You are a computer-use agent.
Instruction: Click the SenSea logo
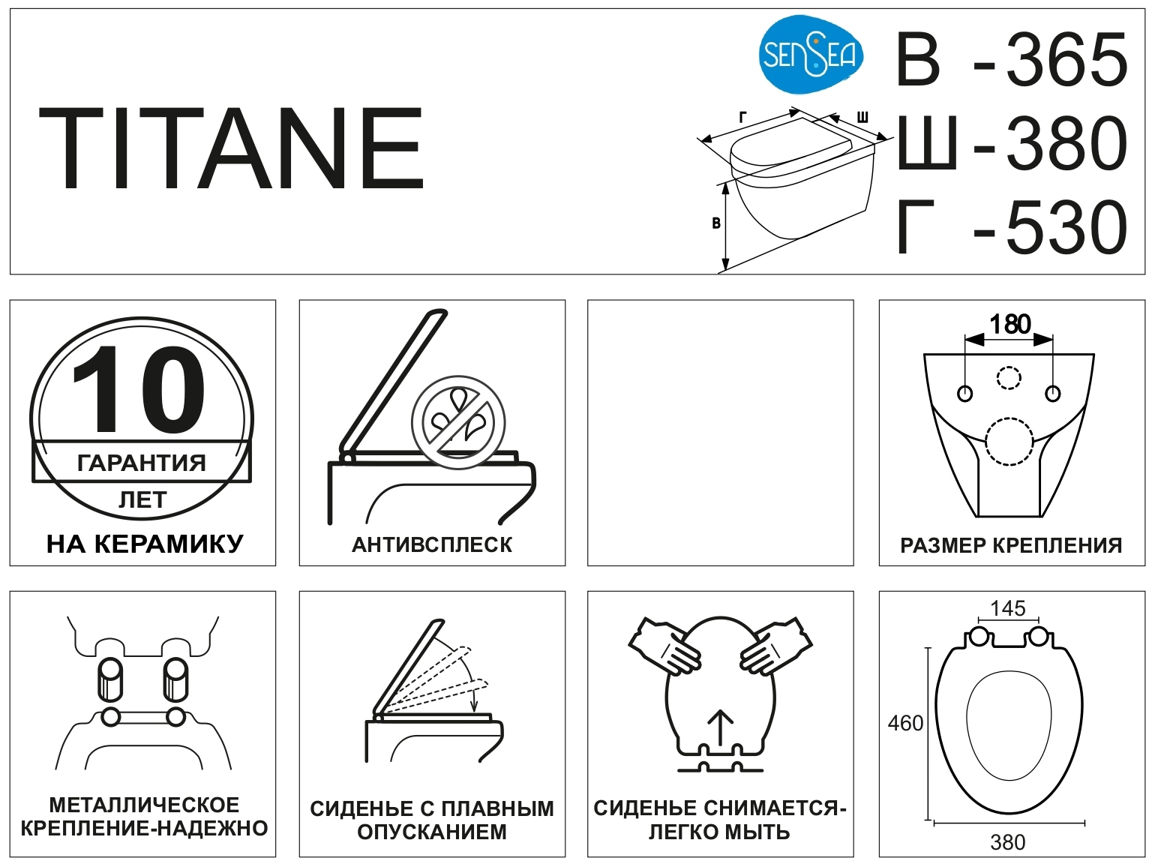click(811, 55)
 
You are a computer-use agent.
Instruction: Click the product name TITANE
click(231, 148)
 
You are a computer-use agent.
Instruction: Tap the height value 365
click(1066, 59)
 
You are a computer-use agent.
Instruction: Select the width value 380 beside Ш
click(1066, 143)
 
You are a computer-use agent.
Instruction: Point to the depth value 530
click(1066, 227)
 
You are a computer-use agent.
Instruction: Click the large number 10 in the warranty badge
click(139, 389)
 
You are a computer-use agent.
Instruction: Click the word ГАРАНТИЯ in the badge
click(142, 463)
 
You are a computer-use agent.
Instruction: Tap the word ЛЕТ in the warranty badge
click(142, 500)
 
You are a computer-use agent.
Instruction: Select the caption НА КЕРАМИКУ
click(145, 544)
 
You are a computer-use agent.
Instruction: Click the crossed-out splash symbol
click(458, 422)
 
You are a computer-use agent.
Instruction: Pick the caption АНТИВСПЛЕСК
click(432, 545)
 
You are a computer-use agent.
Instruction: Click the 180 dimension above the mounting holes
click(1009, 324)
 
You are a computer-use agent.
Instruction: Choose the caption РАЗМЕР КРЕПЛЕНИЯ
click(1011, 545)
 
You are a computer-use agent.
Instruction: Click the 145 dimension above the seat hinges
click(1008, 608)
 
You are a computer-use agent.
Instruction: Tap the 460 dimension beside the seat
click(905, 724)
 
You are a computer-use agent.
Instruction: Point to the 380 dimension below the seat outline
click(1008, 842)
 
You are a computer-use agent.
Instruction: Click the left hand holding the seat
click(665, 646)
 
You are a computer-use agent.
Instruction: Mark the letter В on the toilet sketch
click(715, 223)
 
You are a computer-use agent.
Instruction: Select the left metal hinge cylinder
click(110, 679)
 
